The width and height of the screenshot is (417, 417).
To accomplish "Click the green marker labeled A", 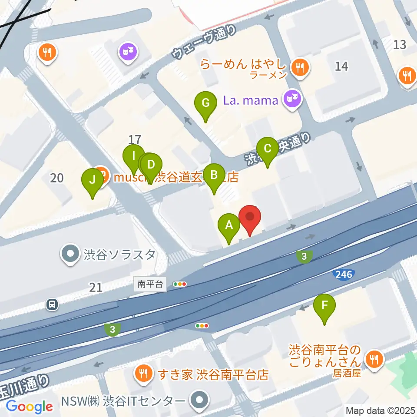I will [229, 226].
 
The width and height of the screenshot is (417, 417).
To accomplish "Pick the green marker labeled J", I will [93, 180].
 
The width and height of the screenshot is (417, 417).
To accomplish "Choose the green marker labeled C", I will [268, 149].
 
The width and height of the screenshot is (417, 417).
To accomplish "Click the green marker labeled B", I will [214, 175].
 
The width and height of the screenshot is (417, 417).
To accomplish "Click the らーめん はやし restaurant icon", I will [300, 67].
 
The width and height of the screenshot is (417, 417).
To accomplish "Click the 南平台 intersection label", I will [150, 285].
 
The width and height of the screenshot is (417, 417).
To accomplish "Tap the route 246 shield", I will [343, 274].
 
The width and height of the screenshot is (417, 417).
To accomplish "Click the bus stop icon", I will [52, 304].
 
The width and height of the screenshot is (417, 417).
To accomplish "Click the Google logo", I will [30, 407].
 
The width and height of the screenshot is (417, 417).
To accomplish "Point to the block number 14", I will [342, 66].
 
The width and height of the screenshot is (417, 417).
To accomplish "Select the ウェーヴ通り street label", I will [205, 42].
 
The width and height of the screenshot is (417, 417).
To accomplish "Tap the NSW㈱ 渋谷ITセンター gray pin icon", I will [199, 400].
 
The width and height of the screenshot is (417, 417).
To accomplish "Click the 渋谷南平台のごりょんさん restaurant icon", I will [374, 358].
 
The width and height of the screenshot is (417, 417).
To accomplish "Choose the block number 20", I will [57, 178].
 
